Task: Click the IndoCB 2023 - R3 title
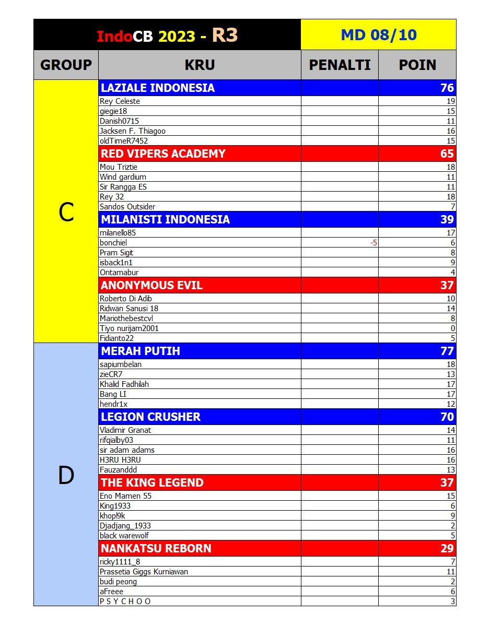click(167, 36)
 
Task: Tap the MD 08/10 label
click(378, 35)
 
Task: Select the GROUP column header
click(66, 65)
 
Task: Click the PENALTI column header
click(340, 65)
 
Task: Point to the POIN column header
click(417, 65)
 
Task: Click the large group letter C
click(66, 212)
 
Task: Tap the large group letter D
click(66, 476)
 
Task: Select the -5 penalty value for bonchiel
click(373, 243)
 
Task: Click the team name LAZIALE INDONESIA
click(158, 88)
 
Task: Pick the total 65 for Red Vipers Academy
click(447, 154)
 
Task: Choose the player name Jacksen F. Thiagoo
click(133, 131)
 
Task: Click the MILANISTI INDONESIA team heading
click(165, 219)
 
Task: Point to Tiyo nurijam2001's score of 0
click(452, 328)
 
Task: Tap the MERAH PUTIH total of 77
click(447, 351)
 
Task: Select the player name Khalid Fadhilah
click(124, 384)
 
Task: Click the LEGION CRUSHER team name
click(150, 417)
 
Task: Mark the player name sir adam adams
click(127, 450)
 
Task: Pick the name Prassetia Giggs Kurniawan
click(144, 572)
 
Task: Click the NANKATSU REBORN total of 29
click(447, 548)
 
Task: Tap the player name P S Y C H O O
click(125, 602)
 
